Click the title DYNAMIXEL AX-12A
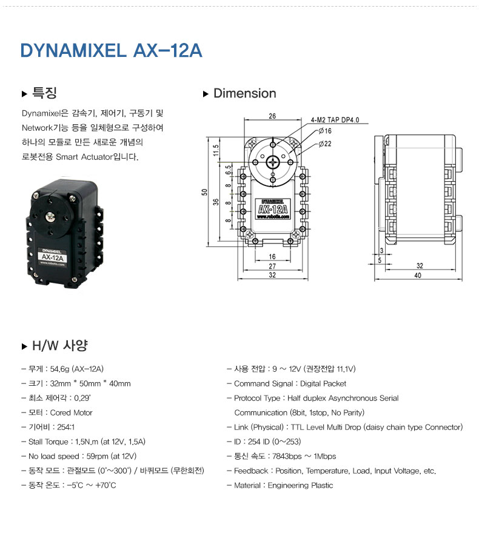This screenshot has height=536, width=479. (x=112, y=50)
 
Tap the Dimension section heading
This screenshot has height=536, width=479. (x=244, y=94)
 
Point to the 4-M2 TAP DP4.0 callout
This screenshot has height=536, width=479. (x=335, y=120)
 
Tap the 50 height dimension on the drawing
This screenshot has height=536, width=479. (x=205, y=192)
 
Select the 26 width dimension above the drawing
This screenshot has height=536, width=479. (x=272, y=116)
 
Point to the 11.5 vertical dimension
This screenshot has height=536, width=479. (x=216, y=150)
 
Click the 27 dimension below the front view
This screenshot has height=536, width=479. (x=272, y=266)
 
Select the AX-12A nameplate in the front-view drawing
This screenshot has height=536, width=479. (x=272, y=210)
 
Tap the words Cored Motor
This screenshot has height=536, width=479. (x=72, y=413)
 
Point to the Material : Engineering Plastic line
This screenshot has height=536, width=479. (x=284, y=486)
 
